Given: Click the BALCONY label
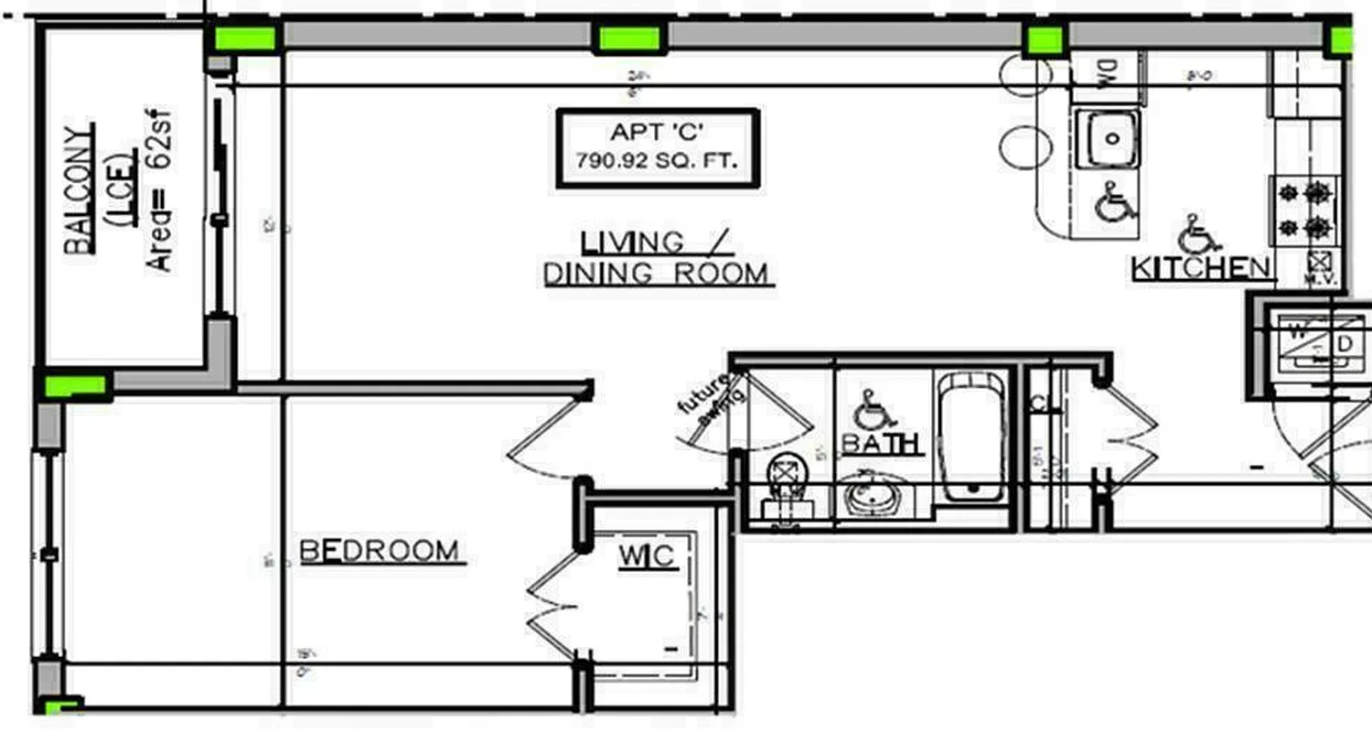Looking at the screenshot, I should pos(78,188).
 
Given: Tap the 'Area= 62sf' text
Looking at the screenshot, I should pos(161,192).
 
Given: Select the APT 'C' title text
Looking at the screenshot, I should pos(658,134).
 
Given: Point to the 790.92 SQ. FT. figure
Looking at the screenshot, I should pos(658,161).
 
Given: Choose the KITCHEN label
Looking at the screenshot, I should pos(1201,268).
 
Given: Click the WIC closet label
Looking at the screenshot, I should pos(648,555).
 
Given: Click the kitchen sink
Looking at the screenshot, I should pos(1108,138).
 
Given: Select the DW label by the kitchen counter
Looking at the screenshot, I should pos(1104,69).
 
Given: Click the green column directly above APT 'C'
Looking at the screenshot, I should pos(629,38).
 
